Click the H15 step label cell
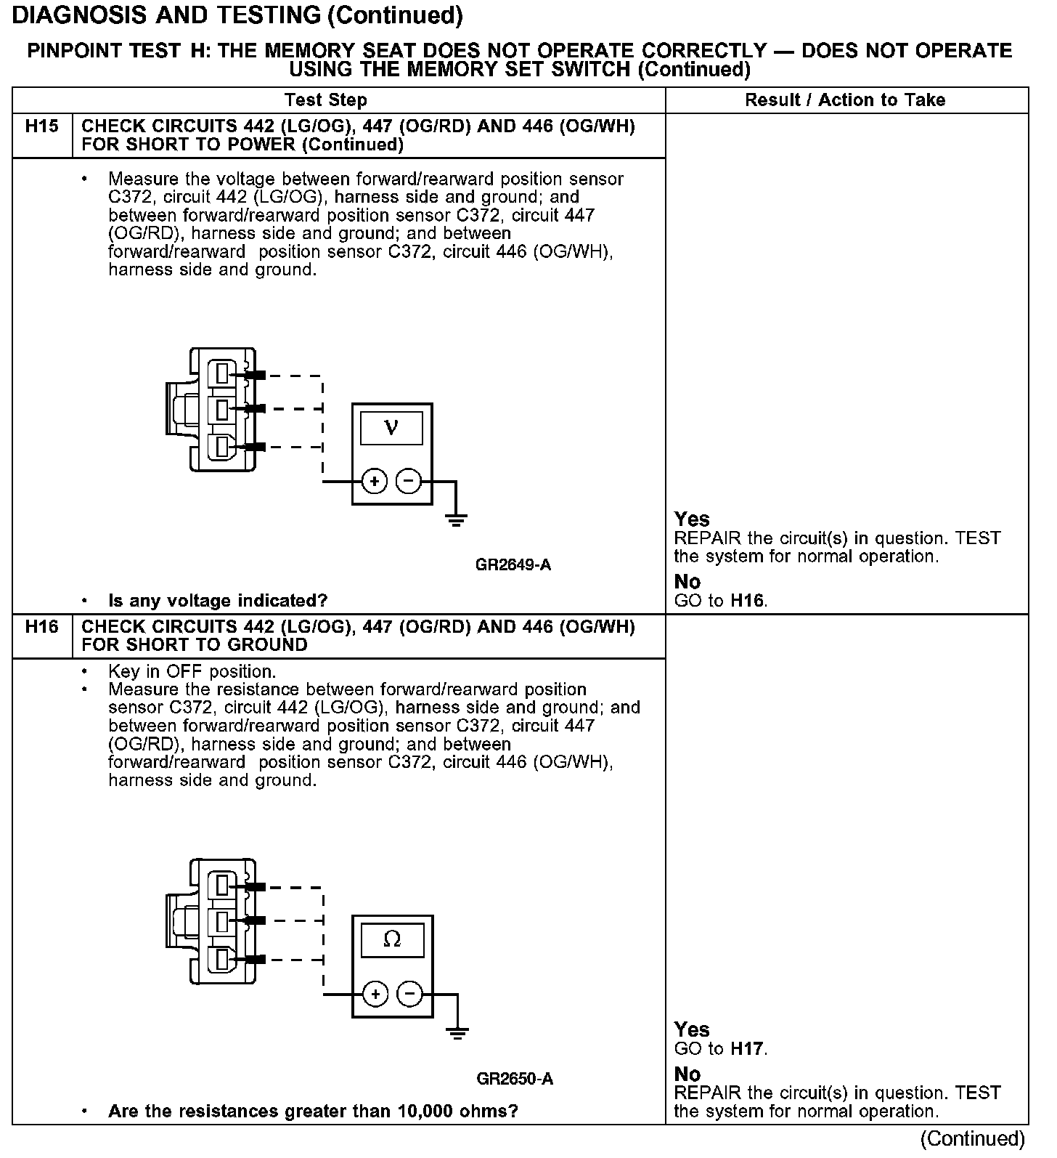(41, 127)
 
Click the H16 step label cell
(41, 627)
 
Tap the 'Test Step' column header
(326, 100)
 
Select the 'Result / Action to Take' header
(845, 100)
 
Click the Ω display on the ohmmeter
(392, 939)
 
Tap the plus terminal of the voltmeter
(375, 481)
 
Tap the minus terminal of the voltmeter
(409, 481)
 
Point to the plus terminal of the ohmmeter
(375, 993)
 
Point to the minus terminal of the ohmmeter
(410, 993)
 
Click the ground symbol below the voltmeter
(456, 519)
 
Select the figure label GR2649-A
(513, 564)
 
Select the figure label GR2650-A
(515, 1079)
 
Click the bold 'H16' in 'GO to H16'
(748, 601)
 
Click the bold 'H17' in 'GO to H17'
(748, 1049)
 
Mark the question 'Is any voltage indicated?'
(218, 601)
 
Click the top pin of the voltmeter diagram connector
(223, 375)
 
